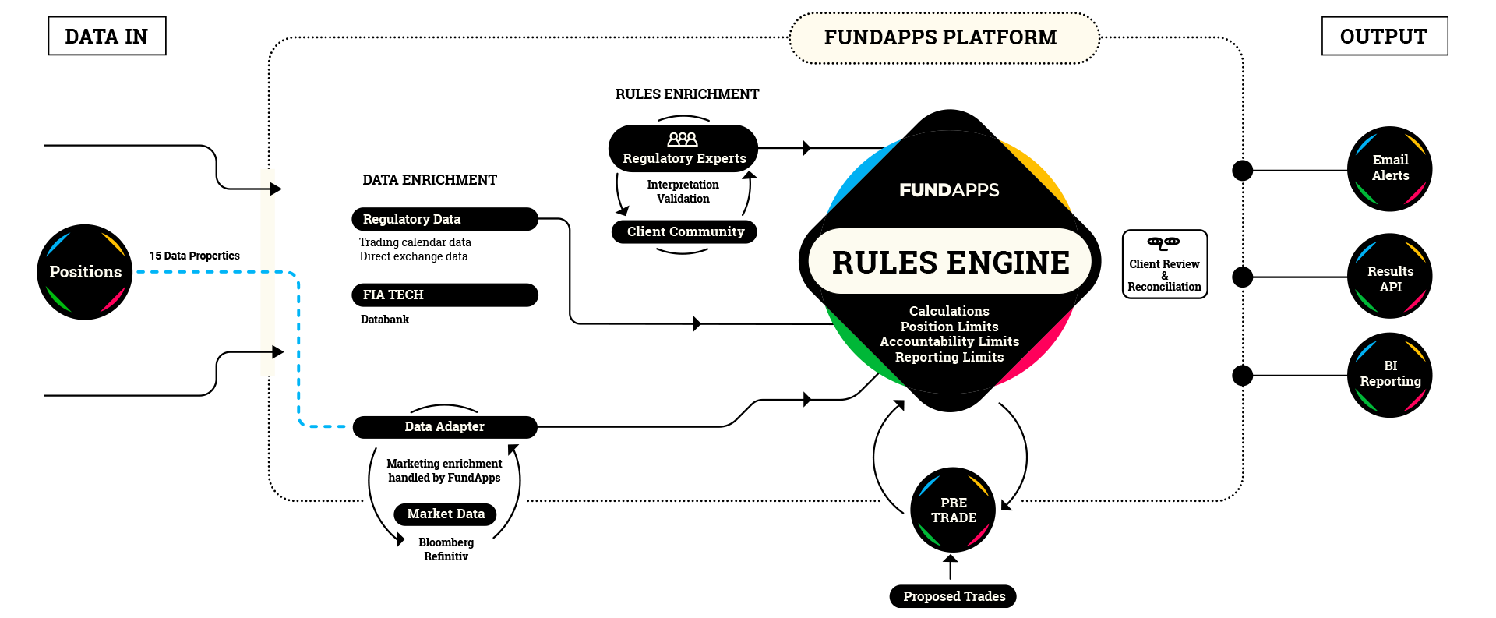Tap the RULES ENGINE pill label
(x=950, y=262)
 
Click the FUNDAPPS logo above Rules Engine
(x=949, y=190)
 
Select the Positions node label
(x=86, y=272)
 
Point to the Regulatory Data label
(x=411, y=219)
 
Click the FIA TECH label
(x=393, y=295)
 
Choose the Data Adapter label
(x=444, y=426)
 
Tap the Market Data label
(x=446, y=514)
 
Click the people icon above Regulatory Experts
(x=683, y=139)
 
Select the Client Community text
(x=686, y=231)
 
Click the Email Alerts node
(x=1390, y=168)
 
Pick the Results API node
(x=1390, y=278)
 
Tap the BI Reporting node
(x=1390, y=374)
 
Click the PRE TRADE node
(x=954, y=510)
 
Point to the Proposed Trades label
(x=954, y=596)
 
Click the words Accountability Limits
(x=949, y=341)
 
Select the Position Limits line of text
(x=949, y=327)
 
